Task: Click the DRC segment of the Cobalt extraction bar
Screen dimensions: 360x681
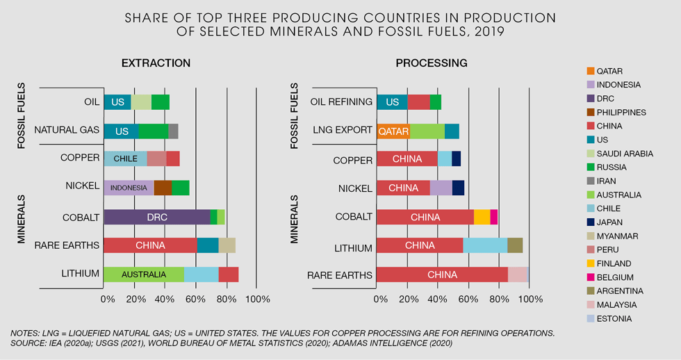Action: point(156,217)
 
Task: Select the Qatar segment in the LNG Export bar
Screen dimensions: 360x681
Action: point(393,131)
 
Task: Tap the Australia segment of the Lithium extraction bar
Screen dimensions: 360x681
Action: point(144,274)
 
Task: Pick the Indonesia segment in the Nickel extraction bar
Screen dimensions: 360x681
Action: point(129,188)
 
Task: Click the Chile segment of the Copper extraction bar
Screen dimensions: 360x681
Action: point(125,158)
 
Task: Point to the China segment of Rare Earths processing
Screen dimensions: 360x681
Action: point(442,275)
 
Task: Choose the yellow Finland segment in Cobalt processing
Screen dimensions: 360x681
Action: point(482,217)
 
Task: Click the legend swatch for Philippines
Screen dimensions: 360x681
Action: point(591,112)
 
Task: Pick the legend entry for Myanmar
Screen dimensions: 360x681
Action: point(616,236)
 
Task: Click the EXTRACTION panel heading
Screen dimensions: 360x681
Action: point(156,63)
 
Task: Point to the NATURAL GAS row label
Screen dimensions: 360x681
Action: point(67,130)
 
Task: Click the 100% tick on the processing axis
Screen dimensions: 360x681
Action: point(530,299)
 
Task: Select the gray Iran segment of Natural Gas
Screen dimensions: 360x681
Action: point(174,131)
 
